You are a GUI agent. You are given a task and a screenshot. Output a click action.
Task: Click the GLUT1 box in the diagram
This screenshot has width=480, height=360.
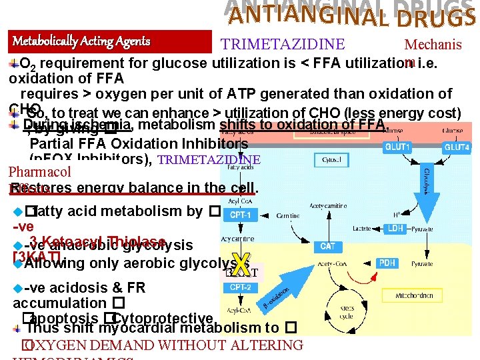pyautogui.click(x=403, y=147)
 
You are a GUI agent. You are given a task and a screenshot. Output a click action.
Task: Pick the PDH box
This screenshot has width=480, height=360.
pyautogui.click(x=387, y=264)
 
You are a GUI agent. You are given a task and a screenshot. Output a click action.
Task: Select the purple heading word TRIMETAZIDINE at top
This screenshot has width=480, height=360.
pyautogui.click(x=283, y=45)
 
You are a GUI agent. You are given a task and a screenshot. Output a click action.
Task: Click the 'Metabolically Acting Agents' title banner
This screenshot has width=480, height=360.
pyautogui.click(x=111, y=42)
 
